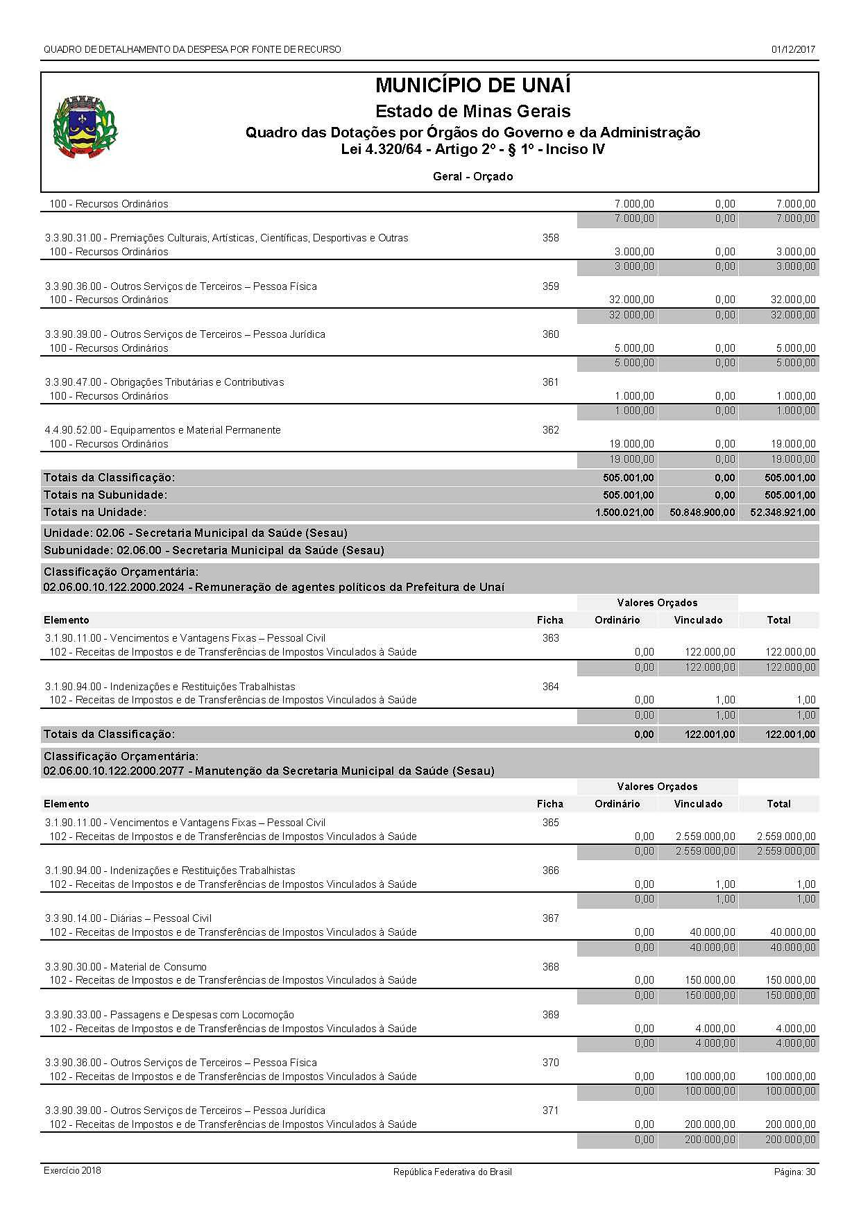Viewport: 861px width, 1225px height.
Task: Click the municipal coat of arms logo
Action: (x=85, y=128)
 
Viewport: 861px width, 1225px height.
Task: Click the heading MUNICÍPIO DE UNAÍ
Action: (x=472, y=86)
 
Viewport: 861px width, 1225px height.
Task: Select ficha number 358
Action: (x=550, y=238)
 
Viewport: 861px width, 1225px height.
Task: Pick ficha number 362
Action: (x=550, y=430)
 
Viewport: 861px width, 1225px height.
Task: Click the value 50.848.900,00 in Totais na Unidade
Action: (x=698, y=513)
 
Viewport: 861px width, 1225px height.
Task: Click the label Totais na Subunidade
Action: (x=105, y=495)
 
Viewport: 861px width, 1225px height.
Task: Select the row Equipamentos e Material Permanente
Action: (x=163, y=430)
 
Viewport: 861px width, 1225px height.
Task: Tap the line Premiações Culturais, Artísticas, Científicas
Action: (x=227, y=238)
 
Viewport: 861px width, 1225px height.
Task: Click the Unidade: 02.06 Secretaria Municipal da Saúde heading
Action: (x=196, y=533)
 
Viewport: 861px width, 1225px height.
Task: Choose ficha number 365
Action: (x=550, y=823)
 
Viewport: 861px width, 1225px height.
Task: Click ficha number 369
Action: (x=550, y=1015)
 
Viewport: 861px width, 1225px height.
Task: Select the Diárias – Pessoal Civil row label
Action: (x=128, y=918)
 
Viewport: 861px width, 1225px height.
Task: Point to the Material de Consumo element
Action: (x=126, y=967)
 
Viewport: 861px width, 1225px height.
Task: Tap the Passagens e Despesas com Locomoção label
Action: (x=169, y=1015)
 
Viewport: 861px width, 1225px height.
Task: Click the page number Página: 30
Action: (x=794, y=1172)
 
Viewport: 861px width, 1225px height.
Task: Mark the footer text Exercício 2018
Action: (x=72, y=1170)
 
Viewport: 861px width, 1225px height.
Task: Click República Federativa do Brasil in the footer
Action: (x=452, y=1172)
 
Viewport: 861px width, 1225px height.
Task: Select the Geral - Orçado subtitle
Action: (x=472, y=177)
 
